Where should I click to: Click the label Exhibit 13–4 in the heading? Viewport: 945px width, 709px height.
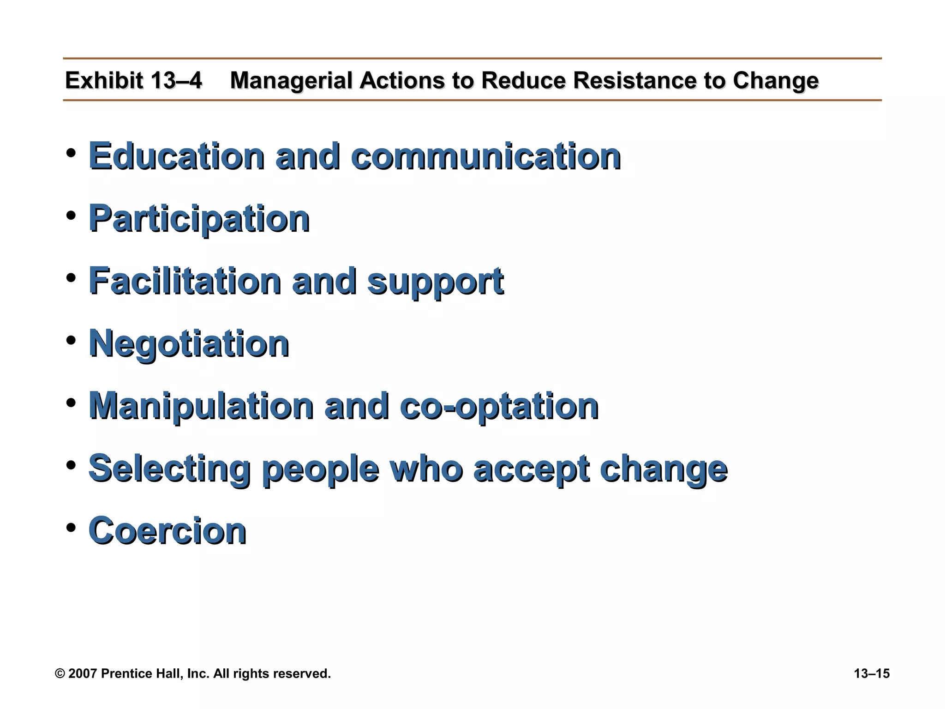tap(133, 80)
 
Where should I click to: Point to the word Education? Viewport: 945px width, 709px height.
tap(177, 156)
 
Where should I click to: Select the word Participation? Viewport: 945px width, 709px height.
tap(199, 219)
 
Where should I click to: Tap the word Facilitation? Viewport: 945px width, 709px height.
tap(185, 281)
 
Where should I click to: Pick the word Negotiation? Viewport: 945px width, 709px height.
tap(189, 344)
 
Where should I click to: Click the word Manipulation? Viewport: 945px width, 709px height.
tap(201, 406)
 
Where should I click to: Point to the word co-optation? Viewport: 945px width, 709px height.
tap(499, 406)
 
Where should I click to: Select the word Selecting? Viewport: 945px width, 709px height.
tap(170, 469)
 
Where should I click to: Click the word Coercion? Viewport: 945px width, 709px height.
tap(167, 531)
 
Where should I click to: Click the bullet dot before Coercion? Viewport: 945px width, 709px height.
tap(71, 527)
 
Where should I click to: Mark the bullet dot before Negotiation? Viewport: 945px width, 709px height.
tap(71, 340)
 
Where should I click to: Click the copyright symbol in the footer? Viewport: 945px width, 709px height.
tap(60, 673)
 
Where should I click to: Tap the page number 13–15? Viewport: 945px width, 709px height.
tap(871, 673)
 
